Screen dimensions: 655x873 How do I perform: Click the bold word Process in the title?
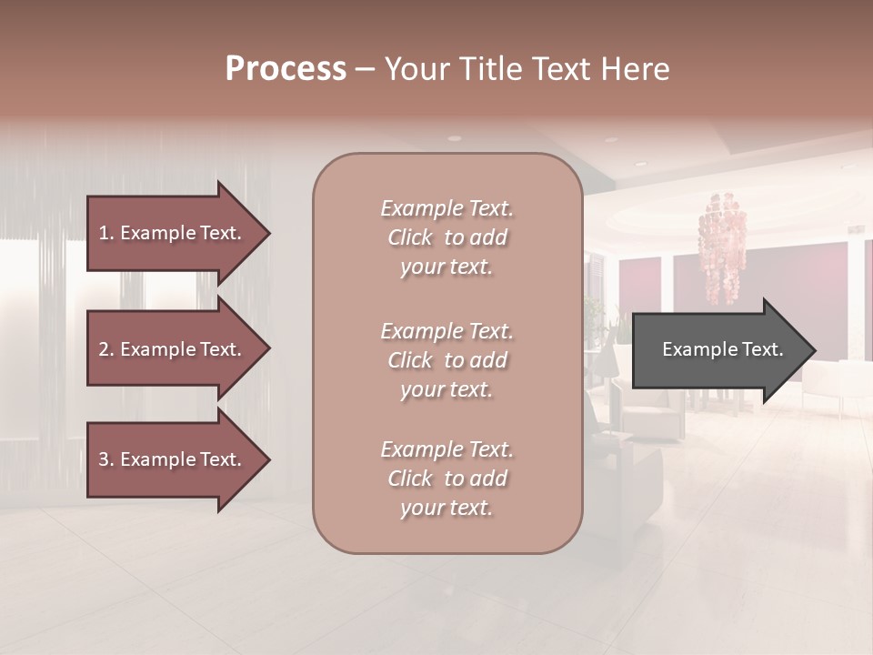pos(286,69)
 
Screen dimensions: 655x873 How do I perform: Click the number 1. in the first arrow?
pos(106,233)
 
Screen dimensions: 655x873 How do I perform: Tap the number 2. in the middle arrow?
pos(106,349)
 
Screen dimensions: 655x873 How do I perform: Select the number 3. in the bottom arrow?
pos(106,460)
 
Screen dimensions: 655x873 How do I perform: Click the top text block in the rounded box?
pos(447,237)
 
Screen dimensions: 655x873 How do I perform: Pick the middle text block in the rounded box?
pos(447,360)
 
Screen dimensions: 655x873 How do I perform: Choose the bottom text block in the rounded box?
pos(447,479)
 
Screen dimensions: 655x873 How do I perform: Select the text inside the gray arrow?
pos(722,349)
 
